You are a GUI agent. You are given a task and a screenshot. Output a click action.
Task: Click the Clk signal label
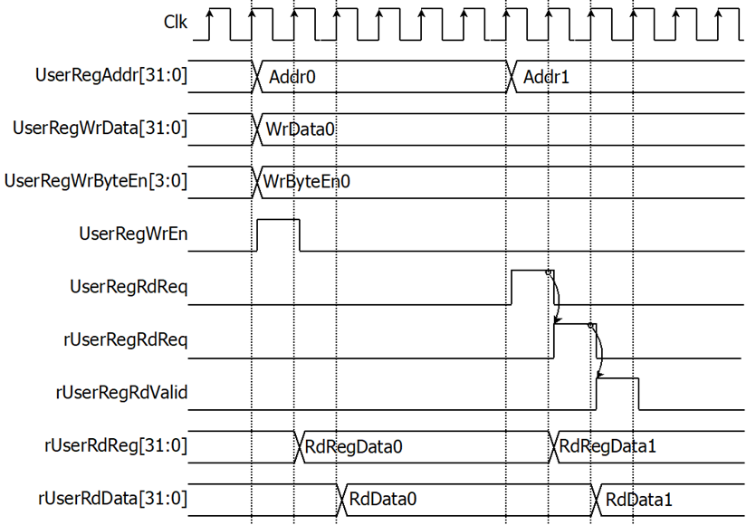coord(175,22)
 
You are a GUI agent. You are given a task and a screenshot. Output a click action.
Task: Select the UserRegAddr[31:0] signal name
coord(110,75)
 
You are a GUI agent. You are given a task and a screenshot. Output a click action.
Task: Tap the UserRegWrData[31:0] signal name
coord(100,129)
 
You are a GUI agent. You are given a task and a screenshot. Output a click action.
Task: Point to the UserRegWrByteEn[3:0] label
coord(95,181)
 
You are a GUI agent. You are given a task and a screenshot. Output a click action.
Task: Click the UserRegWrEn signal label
coord(133,234)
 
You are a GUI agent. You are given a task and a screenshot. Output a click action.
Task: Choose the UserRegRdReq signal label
coord(129,287)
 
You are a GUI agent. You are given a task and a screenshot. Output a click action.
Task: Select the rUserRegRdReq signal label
coord(125,339)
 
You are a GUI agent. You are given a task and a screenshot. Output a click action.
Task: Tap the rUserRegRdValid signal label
coord(121,393)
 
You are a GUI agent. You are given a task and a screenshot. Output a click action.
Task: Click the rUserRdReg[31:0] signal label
coord(116,445)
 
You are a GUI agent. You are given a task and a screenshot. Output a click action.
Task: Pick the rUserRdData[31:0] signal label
coord(112,498)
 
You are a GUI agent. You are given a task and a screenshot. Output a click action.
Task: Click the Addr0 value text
coord(292,77)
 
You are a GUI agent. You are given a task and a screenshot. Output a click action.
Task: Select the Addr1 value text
coord(546,77)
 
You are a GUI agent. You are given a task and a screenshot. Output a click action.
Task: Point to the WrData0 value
coord(300,129)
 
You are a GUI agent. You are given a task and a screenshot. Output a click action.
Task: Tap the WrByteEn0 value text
coord(307,182)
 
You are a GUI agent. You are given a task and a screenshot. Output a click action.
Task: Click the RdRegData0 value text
coord(353,447)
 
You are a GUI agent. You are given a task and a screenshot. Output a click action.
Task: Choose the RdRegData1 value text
coord(608,446)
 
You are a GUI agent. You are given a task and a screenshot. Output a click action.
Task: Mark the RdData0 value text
coord(383,499)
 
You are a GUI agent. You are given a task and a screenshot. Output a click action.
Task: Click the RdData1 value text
coord(639,500)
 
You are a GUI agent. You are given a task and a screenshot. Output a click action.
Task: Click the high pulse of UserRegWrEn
coord(278,220)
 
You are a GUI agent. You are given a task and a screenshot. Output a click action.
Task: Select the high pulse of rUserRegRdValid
coord(617,378)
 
